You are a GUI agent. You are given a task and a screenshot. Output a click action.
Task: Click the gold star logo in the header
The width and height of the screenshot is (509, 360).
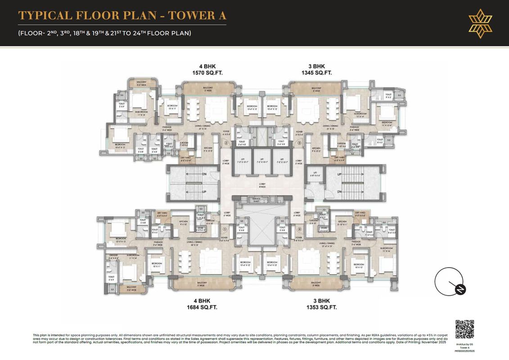pos(480,23)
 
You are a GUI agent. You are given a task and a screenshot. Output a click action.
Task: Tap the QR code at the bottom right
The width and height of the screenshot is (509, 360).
pos(465,329)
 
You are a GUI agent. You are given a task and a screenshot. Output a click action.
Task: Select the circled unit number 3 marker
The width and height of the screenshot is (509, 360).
pos(299,144)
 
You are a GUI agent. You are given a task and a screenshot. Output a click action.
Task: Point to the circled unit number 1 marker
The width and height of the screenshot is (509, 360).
pos(225,229)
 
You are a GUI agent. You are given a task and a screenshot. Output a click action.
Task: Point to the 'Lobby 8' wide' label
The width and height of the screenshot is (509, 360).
pos(262,184)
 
